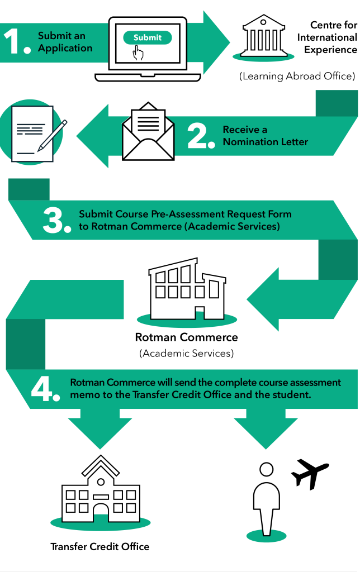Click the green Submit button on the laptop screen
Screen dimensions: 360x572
tap(148, 37)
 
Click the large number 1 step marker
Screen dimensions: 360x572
tap(16, 41)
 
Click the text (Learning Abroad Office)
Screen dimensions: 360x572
tap(297, 76)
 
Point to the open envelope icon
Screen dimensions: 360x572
tap(148, 131)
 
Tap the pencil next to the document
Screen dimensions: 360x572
tap(52, 135)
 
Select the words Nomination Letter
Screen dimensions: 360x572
tap(266, 142)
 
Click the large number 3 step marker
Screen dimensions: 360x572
tap(56, 220)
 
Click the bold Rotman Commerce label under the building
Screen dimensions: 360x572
tap(186, 337)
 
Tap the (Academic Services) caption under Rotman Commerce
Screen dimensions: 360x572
tap(186, 353)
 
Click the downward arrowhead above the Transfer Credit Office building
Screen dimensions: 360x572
tap(100, 429)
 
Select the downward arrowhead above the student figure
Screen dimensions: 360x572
tap(266, 429)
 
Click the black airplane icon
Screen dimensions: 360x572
tap(310, 473)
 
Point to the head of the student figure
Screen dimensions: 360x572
tap(266, 469)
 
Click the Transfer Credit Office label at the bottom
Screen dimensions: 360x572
tap(100, 546)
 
